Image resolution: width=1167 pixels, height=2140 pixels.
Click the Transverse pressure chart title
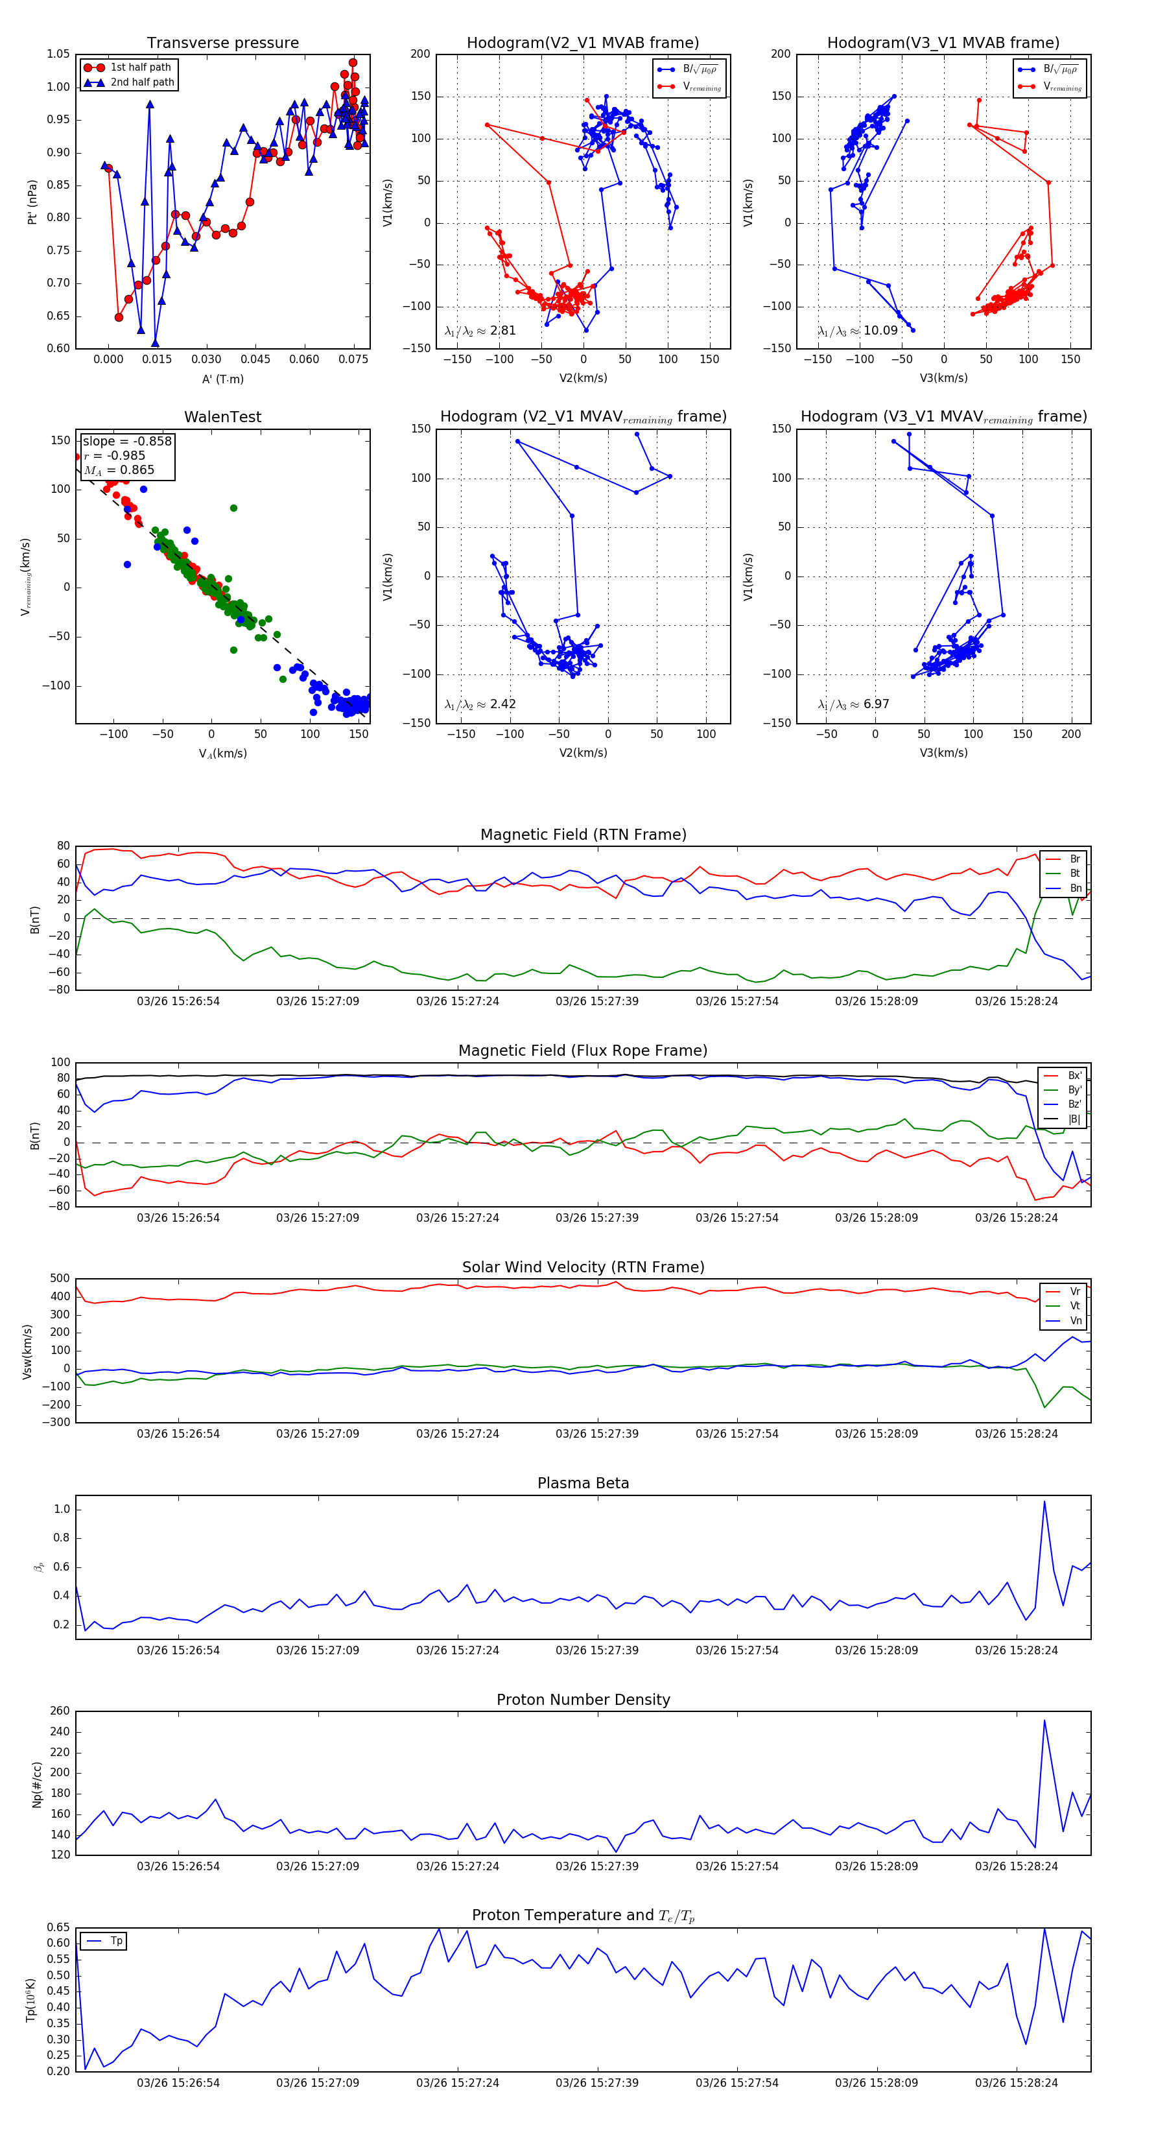[222, 43]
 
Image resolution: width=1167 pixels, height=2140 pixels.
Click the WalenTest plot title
[222, 417]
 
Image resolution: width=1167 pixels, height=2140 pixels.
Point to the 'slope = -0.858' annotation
[126, 441]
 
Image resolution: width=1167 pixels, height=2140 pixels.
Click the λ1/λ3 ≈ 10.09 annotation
[858, 331]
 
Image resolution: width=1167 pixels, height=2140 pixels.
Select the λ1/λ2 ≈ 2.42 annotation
[480, 704]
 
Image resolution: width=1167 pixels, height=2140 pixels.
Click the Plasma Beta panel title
[583, 1484]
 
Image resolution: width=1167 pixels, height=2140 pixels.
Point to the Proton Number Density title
[583, 1700]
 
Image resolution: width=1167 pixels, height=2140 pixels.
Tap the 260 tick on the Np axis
[60, 1711]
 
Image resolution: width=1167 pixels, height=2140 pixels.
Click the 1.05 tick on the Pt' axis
[58, 54]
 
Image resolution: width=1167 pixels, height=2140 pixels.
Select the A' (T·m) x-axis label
[222, 379]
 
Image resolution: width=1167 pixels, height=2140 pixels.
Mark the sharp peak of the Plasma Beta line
[1044, 1501]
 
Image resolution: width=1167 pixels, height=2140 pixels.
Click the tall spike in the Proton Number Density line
[1044, 1720]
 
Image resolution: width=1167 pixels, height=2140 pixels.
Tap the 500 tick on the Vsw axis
[60, 1279]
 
